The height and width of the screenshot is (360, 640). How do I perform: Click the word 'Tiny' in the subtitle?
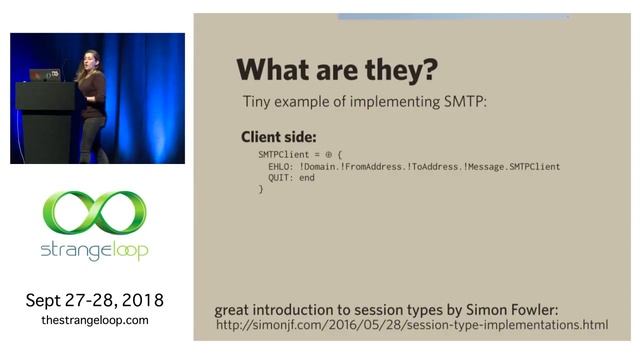(259, 102)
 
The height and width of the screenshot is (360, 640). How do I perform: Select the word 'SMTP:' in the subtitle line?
(465, 102)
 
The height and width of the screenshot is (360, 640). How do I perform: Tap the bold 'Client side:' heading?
(277, 137)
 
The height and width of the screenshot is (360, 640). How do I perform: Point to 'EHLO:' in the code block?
(282, 167)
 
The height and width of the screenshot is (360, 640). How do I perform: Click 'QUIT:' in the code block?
(282, 178)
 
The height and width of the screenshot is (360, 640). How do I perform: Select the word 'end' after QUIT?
(306, 178)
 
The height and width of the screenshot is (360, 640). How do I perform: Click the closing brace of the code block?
(261, 188)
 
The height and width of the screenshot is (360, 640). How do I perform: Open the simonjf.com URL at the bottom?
(412, 325)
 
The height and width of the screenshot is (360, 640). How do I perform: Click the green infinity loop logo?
(95, 213)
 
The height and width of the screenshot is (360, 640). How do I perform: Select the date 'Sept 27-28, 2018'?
(95, 300)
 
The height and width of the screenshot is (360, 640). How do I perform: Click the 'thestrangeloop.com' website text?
(95, 320)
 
